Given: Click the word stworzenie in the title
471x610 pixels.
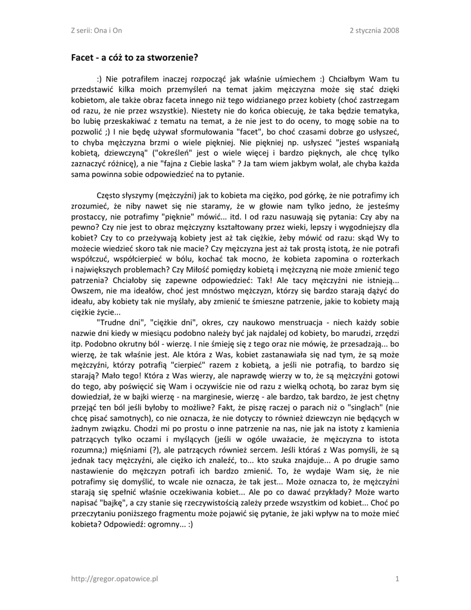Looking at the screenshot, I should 173,58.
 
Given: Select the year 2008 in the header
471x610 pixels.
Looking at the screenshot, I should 391,30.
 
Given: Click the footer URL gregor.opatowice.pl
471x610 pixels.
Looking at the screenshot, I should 114,578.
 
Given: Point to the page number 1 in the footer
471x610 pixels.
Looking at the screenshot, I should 397,578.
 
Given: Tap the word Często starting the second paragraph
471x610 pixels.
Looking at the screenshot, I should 110,195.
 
